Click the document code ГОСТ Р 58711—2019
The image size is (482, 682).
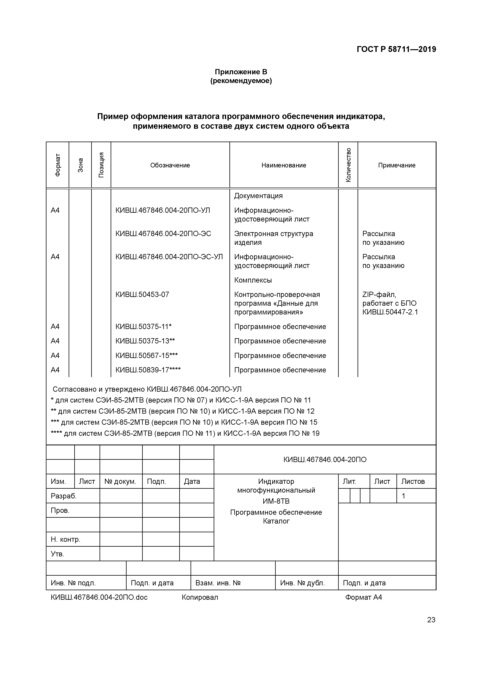tap(396, 49)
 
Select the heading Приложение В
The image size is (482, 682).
tap(241, 72)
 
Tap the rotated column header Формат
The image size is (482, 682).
tap(58, 165)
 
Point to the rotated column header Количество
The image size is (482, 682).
tap(348, 165)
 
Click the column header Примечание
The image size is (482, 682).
tap(396, 165)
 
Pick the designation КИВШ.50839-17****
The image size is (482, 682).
tap(148, 370)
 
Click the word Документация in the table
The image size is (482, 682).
tap(258, 196)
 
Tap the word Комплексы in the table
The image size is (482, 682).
tap(253, 280)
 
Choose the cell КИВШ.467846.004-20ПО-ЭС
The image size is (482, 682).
tap(163, 234)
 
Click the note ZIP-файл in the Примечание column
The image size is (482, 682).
tap(379, 295)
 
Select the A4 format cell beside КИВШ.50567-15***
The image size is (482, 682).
tap(55, 355)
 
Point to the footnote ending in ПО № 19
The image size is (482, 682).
tap(185, 433)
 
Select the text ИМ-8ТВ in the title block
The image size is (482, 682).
tap(276, 501)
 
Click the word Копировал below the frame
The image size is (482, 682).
tap(200, 597)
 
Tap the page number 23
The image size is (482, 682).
tap(431, 620)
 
